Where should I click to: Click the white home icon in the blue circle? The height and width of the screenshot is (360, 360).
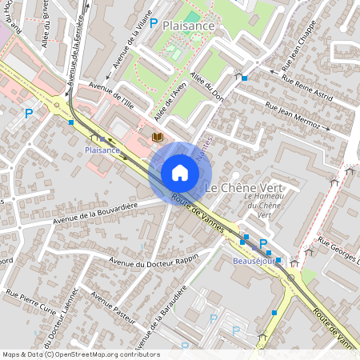pyautogui.click(x=179, y=173)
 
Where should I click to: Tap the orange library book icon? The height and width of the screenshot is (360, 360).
pyautogui.click(x=157, y=138)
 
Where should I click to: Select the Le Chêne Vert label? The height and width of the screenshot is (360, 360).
pyautogui.click(x=245, y=187)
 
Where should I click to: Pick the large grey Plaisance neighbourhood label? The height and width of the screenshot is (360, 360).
pyautogui.click(x=188, y=26)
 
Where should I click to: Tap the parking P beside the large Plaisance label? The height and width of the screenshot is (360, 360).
pyautogui.click(x=154, y=25)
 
